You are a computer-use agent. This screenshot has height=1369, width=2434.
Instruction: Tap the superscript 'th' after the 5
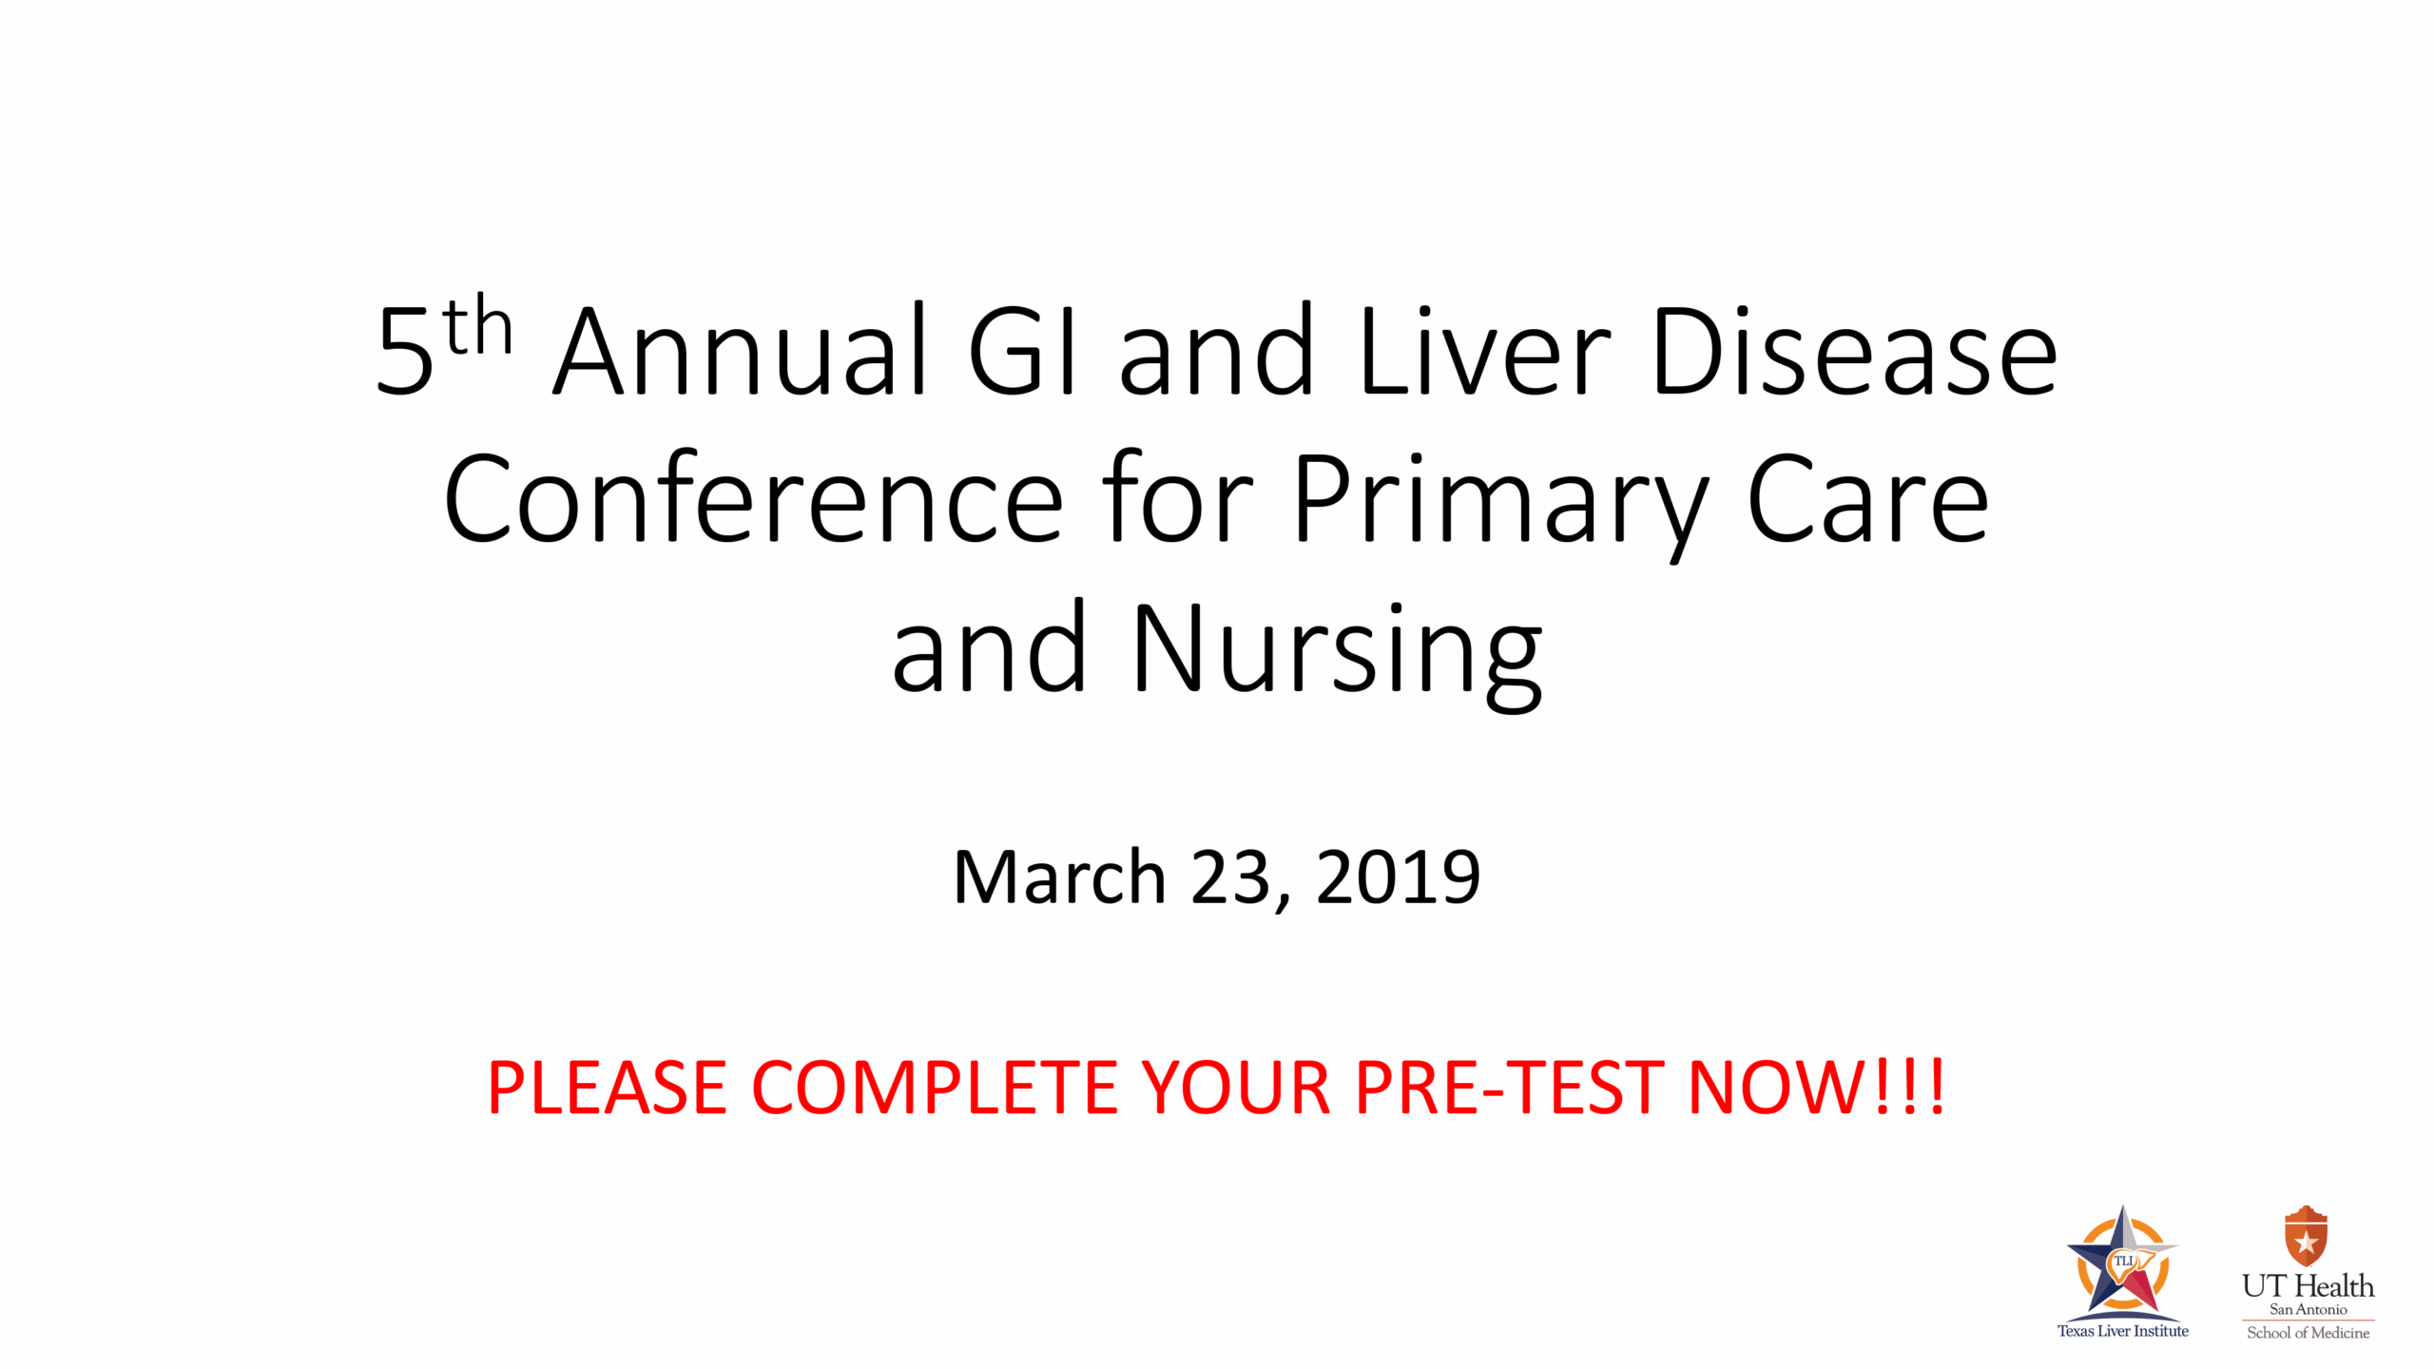477,326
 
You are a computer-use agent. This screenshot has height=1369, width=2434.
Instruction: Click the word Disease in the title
1854,350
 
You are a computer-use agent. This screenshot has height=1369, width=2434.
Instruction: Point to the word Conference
753,499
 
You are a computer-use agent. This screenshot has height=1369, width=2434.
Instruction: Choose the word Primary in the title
1499,499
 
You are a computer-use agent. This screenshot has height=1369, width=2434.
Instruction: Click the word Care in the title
1867,499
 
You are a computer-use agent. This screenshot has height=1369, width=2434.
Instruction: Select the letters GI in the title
1022,350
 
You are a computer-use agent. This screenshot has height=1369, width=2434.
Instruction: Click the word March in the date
1058,877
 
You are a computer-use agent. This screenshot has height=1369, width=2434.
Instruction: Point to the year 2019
1398,877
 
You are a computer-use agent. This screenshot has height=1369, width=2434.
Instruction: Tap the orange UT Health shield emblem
2306,1236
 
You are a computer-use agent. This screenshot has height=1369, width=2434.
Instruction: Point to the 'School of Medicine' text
2308,1333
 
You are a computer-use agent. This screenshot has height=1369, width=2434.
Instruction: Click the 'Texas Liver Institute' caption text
2122,1331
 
